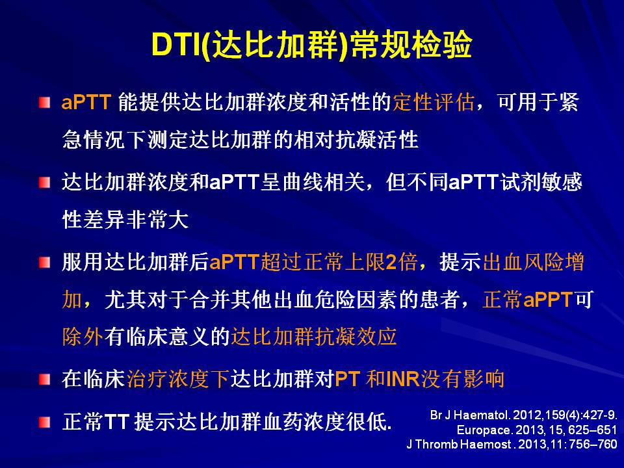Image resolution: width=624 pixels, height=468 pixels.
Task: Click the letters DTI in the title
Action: pos(176,44)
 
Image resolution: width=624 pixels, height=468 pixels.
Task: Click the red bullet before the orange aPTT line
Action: pos(45,103)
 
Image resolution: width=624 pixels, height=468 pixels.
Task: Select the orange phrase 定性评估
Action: pos(434,102)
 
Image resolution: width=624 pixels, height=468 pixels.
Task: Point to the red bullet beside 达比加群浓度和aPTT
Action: pos(45,183)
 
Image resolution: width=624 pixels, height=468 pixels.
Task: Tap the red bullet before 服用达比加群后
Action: pos(45,262)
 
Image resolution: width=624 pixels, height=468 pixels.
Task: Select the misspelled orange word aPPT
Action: pos(547,300)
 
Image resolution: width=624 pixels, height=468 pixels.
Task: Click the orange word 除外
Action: pos(83,337)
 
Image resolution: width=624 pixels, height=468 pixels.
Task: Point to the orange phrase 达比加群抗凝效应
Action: pos(313,337)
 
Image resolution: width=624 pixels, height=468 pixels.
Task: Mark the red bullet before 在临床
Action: pos(45,379)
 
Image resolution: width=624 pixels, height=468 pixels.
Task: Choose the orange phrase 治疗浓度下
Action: pos(178,378)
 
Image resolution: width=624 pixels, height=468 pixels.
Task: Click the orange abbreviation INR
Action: pos(403,379)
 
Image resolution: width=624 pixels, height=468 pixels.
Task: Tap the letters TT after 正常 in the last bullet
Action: pos(117,422)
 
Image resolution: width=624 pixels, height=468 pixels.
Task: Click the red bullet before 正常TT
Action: pos(45,422)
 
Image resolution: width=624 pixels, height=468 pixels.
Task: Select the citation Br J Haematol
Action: pos(469,415)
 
